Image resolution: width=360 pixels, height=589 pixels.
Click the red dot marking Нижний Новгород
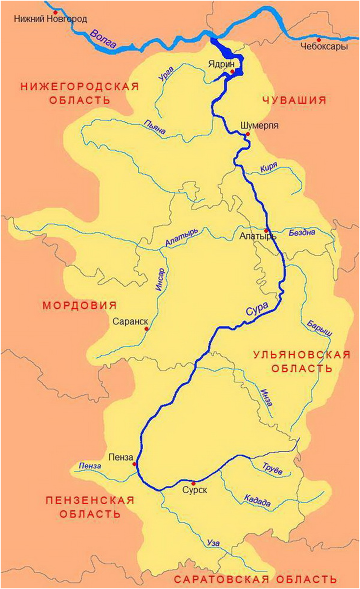coord(55,12)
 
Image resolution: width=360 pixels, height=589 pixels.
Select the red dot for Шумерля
coord(248,134)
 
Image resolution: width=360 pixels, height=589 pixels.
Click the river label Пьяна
coord(155,128)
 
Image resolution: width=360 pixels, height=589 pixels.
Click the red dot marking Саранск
coord(146,329)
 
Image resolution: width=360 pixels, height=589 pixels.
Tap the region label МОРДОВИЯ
coord(79,305)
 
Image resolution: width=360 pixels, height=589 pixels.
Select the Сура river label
coord(257,309)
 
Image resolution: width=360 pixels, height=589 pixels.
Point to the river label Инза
coord(267,396)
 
